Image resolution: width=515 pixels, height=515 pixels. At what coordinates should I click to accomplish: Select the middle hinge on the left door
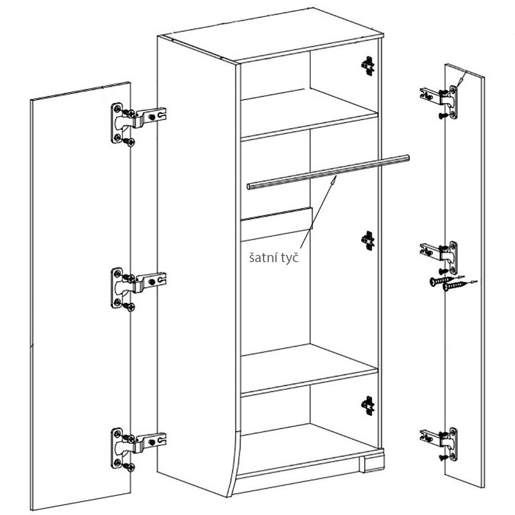click(138, 288)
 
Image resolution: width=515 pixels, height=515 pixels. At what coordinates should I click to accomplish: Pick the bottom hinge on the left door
click(138, 449)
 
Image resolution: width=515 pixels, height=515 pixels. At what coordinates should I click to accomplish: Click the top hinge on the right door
click(439, 102)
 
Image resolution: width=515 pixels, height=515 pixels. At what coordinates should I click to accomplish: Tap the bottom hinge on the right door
click(439, 444)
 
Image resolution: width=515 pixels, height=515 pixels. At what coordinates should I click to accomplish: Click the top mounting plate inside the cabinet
click(368, 66)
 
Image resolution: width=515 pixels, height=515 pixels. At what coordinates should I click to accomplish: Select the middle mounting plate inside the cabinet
click(368, 241)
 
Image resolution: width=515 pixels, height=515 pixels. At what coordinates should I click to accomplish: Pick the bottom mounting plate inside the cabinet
click(368, 406)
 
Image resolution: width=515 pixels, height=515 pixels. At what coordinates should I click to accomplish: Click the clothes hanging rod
click(328, 172)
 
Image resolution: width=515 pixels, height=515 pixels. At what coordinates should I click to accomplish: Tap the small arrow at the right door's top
click(461, 79)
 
